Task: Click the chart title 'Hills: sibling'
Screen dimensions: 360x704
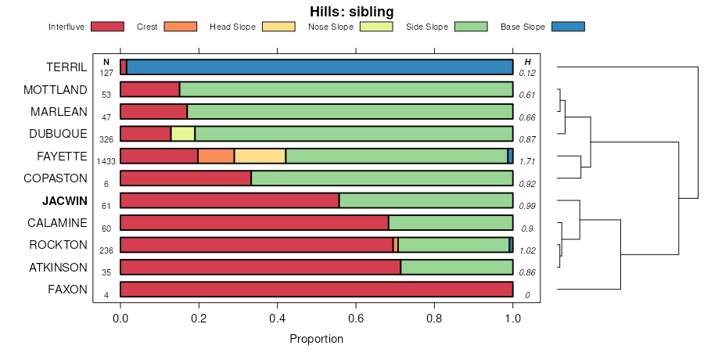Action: coord(352,12)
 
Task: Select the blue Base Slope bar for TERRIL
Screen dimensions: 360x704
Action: coord(319,67)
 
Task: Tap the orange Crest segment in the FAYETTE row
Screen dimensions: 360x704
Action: coord(216,156)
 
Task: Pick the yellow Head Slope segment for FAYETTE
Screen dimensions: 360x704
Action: coord(260,156)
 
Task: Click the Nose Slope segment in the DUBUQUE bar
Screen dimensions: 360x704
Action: coord(183,134)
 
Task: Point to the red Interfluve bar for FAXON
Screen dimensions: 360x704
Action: coord(316,289)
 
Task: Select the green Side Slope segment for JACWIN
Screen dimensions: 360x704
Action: coord(426,200)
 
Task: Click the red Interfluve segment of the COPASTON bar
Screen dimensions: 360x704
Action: coord(185,178)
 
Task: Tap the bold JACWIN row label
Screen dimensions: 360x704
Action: coord(65,200)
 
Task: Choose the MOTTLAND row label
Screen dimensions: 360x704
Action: coord(56,89)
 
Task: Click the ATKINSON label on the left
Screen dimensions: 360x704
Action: coord(58,267)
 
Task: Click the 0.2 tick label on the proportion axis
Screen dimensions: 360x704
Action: coord(199,319)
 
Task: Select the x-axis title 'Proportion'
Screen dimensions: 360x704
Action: coord(316,340)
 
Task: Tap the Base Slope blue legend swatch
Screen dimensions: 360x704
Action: coord(568,27)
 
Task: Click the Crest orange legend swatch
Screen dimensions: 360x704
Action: coord(180,27)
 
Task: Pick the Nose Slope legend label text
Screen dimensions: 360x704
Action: coord(330,27)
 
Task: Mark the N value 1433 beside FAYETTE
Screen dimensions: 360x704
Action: coord(106,162)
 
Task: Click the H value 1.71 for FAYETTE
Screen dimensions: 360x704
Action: coord(527,162)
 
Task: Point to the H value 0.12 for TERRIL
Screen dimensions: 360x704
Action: coord(527,74)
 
